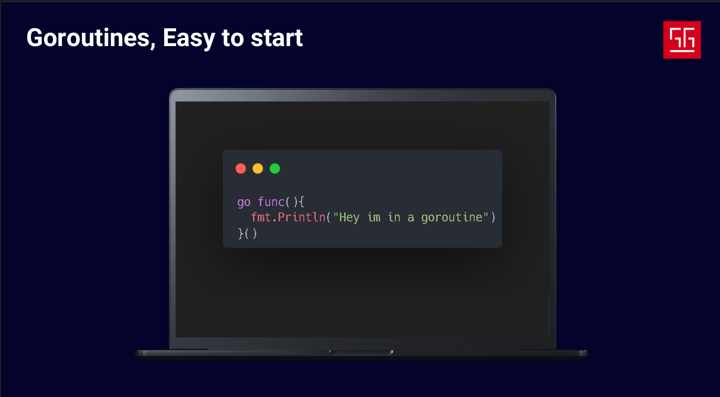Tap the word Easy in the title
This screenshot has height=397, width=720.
(x=189, y=39)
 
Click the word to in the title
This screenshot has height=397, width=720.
(x=233, y=38)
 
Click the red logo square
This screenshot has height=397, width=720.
(x=682, y=40)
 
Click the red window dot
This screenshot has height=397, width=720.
(x=241, y=169)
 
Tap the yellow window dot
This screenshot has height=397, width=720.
(x=258, y=169)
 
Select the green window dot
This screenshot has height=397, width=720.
(x=275, y=169)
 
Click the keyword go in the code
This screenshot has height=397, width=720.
(x=244, y=202)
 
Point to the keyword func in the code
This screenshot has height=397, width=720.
(x=271, y=202)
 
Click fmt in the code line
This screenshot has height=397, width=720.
(x=261, y=217)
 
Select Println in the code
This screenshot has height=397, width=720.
(x=302, y=217)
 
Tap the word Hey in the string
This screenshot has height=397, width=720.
(x=349, y=217)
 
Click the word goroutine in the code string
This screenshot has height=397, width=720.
(x=452, y=217)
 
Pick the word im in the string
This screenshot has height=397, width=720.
(x=374, y=217)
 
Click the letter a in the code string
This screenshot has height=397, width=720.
(x=411, y=218)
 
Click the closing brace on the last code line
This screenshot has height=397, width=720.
(x=241, y=233)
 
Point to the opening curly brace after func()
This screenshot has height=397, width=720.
(x=302, y=202)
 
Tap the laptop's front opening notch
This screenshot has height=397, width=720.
(x=361, y=352)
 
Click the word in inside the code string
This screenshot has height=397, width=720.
(x=394, y=217)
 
